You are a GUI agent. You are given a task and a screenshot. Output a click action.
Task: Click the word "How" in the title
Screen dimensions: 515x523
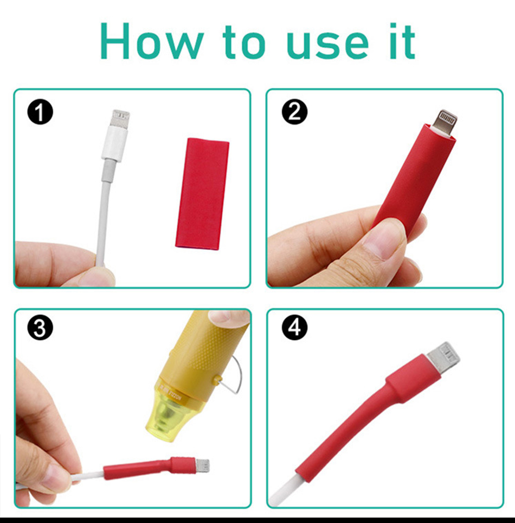[152, 41]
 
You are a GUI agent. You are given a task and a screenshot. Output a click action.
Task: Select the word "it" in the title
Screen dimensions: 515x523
[402, 41]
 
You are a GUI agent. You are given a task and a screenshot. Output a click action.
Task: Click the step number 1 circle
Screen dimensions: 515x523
[40, 112]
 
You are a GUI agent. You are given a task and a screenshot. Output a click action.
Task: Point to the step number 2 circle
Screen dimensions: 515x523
[294, 112]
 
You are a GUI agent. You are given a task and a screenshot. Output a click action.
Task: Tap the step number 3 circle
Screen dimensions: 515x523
[40, 327]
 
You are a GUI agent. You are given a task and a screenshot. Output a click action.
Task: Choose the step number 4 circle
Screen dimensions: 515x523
[294, 327]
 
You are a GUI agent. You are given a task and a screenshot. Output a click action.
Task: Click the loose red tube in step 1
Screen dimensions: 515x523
[202, 193]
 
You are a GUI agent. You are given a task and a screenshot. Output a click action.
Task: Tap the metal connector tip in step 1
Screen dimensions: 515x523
[120, 118]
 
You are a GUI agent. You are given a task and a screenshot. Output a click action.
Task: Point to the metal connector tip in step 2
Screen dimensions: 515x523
[445, 122]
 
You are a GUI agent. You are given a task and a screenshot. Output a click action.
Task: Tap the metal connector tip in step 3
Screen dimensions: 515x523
[203, 466]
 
